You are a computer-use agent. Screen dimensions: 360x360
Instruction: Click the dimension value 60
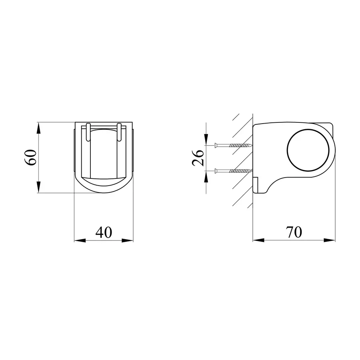30,158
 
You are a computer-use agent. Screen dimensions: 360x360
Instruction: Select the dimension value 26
198,158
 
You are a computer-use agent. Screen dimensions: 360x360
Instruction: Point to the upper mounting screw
233,145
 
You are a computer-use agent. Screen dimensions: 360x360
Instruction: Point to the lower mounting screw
233,171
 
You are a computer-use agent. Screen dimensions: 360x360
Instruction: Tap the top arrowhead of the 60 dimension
38,128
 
